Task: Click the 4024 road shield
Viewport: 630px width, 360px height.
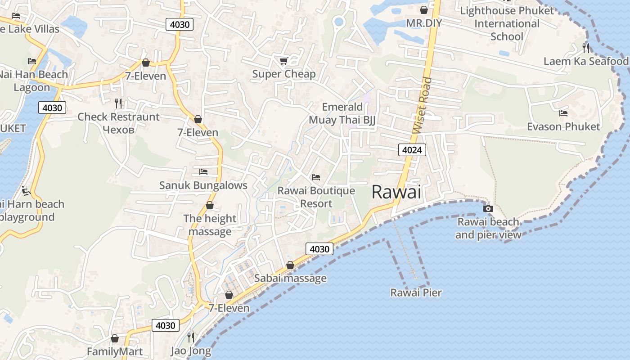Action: pos(412,150)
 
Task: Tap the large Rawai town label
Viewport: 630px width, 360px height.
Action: pos(396,193)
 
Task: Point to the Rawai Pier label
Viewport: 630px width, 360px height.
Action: pos(416,293)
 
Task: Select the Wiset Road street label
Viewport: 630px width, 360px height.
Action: pos(422,105)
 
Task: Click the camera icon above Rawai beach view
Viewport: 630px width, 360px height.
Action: pos(488,208)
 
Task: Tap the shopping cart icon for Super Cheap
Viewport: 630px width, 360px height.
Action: pos(283,61)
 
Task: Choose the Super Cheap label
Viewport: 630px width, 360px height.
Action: pos(283,74)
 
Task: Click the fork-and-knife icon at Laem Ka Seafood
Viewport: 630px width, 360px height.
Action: pos(585,48)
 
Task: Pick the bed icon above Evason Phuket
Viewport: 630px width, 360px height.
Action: pos(563,113)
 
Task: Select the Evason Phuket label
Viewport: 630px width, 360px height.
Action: pos(563,126)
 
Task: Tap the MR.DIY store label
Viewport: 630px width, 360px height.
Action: pos(424,23)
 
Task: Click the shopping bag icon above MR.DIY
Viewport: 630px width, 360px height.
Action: pos(424,9)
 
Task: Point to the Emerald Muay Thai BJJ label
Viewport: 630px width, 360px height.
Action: pos(342,113)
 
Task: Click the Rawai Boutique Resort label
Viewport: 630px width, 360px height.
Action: pos(316,197)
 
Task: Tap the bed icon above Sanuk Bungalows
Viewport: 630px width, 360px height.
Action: pos(203,172)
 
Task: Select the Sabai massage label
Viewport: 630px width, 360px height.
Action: pos(290,278)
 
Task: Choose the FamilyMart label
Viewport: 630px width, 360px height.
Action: pos(115,351)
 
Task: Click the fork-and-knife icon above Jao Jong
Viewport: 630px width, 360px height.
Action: pos(191,337)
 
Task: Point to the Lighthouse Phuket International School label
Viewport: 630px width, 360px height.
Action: pos(507,23)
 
